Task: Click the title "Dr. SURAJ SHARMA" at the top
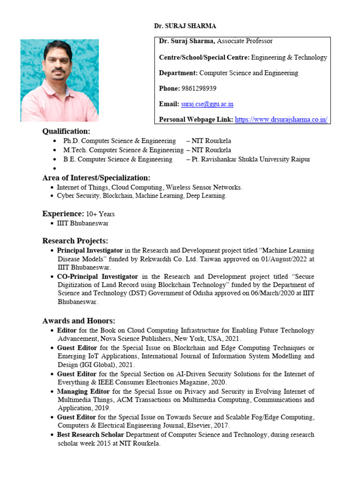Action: (x=185, y=26)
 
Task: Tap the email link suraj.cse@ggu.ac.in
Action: (x=207, y=104)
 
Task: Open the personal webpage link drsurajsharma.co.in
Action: (x=281, y=120)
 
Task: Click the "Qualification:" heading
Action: (x=66, y=131)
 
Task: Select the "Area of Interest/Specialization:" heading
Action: (x=96, y=178)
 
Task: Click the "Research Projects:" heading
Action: (x=75, y=240)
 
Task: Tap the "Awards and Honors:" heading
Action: (x=78, y=321)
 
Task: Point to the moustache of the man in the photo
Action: (x=58, y=71)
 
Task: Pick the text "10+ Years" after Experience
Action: (x=100, y=214)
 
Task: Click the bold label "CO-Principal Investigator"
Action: (x=97, y=277)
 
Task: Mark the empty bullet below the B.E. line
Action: (x=55, y=168)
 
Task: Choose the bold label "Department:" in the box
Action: (x=178, y=73)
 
